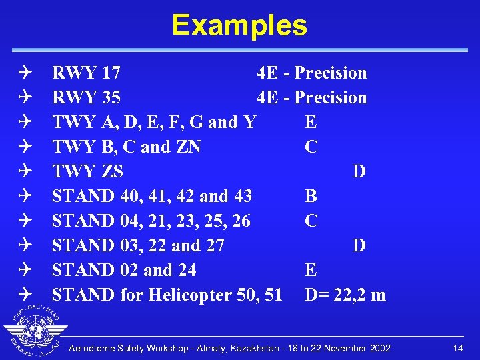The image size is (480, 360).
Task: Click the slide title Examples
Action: coord(239,25)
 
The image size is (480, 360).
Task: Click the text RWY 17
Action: coord(86,73)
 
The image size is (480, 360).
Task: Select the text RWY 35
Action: coord(86,97)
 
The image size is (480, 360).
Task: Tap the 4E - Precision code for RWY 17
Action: coord(311,73)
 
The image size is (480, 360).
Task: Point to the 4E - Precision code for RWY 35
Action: coord(311,97)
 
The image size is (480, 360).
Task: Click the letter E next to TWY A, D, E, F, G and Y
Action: coord(311,122)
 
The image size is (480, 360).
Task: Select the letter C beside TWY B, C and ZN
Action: coord(311,147)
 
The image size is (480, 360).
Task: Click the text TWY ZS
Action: coord(87,171)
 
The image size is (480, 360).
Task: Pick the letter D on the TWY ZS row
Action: coord(359,171)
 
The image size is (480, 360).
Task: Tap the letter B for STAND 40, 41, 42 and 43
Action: coord(311,196)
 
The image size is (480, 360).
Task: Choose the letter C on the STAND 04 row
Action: coord(311,221)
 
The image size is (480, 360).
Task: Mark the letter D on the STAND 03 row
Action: coord(359,245)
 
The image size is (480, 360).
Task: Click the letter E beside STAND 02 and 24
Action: coord(311,270)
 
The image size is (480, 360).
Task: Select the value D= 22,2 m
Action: coord(345,295)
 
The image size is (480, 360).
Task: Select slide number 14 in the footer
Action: coord(457,349)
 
